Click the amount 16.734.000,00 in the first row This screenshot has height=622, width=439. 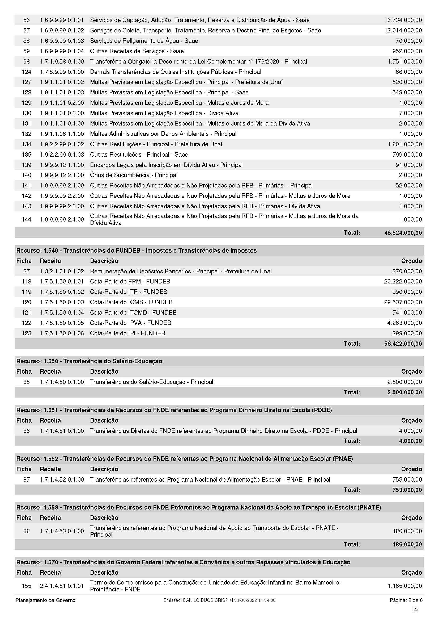[x=403, y=20]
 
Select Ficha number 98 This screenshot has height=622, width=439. [x=27, y=61]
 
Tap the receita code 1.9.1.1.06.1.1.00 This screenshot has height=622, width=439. [x=62, y=134]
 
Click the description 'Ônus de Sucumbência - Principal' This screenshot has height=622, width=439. [x=134, y=175]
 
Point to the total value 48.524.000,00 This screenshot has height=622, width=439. [x=403, y=233]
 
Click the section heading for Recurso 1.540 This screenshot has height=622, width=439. [x=136, y=251]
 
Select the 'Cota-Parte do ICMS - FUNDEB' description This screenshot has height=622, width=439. [x=131, y=302]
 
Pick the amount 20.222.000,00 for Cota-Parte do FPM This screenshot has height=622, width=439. [x=403, y=281]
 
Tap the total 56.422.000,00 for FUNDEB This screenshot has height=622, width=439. [x=403, y=344]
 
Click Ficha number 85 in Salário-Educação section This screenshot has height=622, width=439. [x=27, y=382]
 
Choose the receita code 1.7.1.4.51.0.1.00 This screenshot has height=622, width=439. [x=62, y=431]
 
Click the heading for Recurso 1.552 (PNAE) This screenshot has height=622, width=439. [x=185, y=459]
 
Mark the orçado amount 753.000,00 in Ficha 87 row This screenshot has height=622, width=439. [x=407, y=479]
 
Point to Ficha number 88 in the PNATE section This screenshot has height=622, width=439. [x=27, y=531]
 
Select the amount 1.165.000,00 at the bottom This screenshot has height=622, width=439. [x=404, y=586]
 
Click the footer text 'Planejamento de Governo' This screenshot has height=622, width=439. [x=45, y=600]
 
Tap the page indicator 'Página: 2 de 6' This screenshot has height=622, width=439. [x=406, y=600]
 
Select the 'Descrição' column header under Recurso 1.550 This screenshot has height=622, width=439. [x=104, y=371]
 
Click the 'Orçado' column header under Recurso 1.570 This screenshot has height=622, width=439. [x=411, y=573]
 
